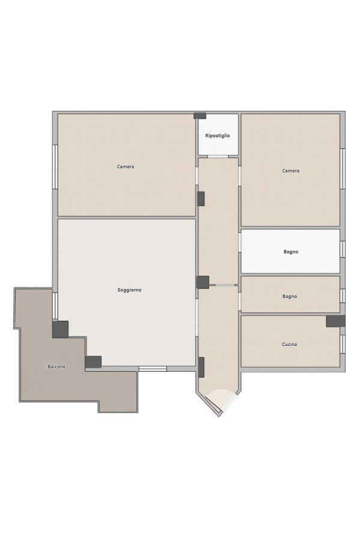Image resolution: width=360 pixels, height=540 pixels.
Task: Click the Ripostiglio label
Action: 218,136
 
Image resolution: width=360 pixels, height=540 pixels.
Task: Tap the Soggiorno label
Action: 130,290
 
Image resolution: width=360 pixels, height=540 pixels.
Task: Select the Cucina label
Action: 289,344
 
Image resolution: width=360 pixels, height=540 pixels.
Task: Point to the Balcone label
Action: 56,367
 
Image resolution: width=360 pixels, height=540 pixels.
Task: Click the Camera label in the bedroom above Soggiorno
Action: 126,166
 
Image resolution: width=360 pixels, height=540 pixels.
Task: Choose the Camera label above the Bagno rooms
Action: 291,171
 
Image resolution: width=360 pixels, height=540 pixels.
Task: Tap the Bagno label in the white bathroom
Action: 291,252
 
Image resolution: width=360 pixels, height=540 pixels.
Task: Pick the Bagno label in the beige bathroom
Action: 290,296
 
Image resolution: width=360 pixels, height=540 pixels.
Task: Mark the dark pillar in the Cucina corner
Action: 335,321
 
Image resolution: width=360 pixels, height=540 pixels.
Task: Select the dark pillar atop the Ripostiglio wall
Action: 200,116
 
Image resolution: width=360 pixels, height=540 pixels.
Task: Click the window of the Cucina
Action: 343,344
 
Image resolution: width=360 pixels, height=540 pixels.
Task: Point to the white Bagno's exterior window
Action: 343,249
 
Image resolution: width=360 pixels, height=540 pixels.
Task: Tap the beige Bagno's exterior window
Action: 343,296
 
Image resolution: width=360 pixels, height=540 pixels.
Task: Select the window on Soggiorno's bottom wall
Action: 153,368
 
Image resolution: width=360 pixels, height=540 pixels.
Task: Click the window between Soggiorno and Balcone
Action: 55,305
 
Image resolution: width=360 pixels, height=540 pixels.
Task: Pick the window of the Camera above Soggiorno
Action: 55,166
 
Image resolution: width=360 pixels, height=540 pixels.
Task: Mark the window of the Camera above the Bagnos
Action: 343,168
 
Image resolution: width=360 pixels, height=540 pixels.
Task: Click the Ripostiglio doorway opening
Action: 218,157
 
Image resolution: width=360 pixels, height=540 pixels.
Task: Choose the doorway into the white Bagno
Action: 240,243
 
